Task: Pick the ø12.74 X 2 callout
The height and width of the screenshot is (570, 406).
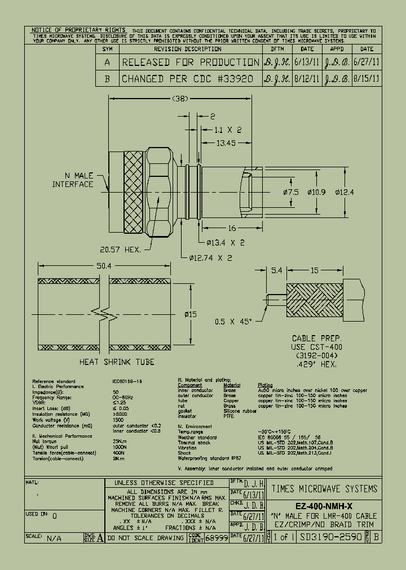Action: [209, 258]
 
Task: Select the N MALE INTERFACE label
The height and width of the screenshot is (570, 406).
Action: [73, 180]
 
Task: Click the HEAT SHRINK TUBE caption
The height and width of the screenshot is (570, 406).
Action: [117, 362]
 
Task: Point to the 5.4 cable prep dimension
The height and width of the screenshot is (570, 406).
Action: [276, 271]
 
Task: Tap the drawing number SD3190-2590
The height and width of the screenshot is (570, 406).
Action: [331, 537]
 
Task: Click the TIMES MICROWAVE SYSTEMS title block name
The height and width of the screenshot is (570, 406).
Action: [324, 488]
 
